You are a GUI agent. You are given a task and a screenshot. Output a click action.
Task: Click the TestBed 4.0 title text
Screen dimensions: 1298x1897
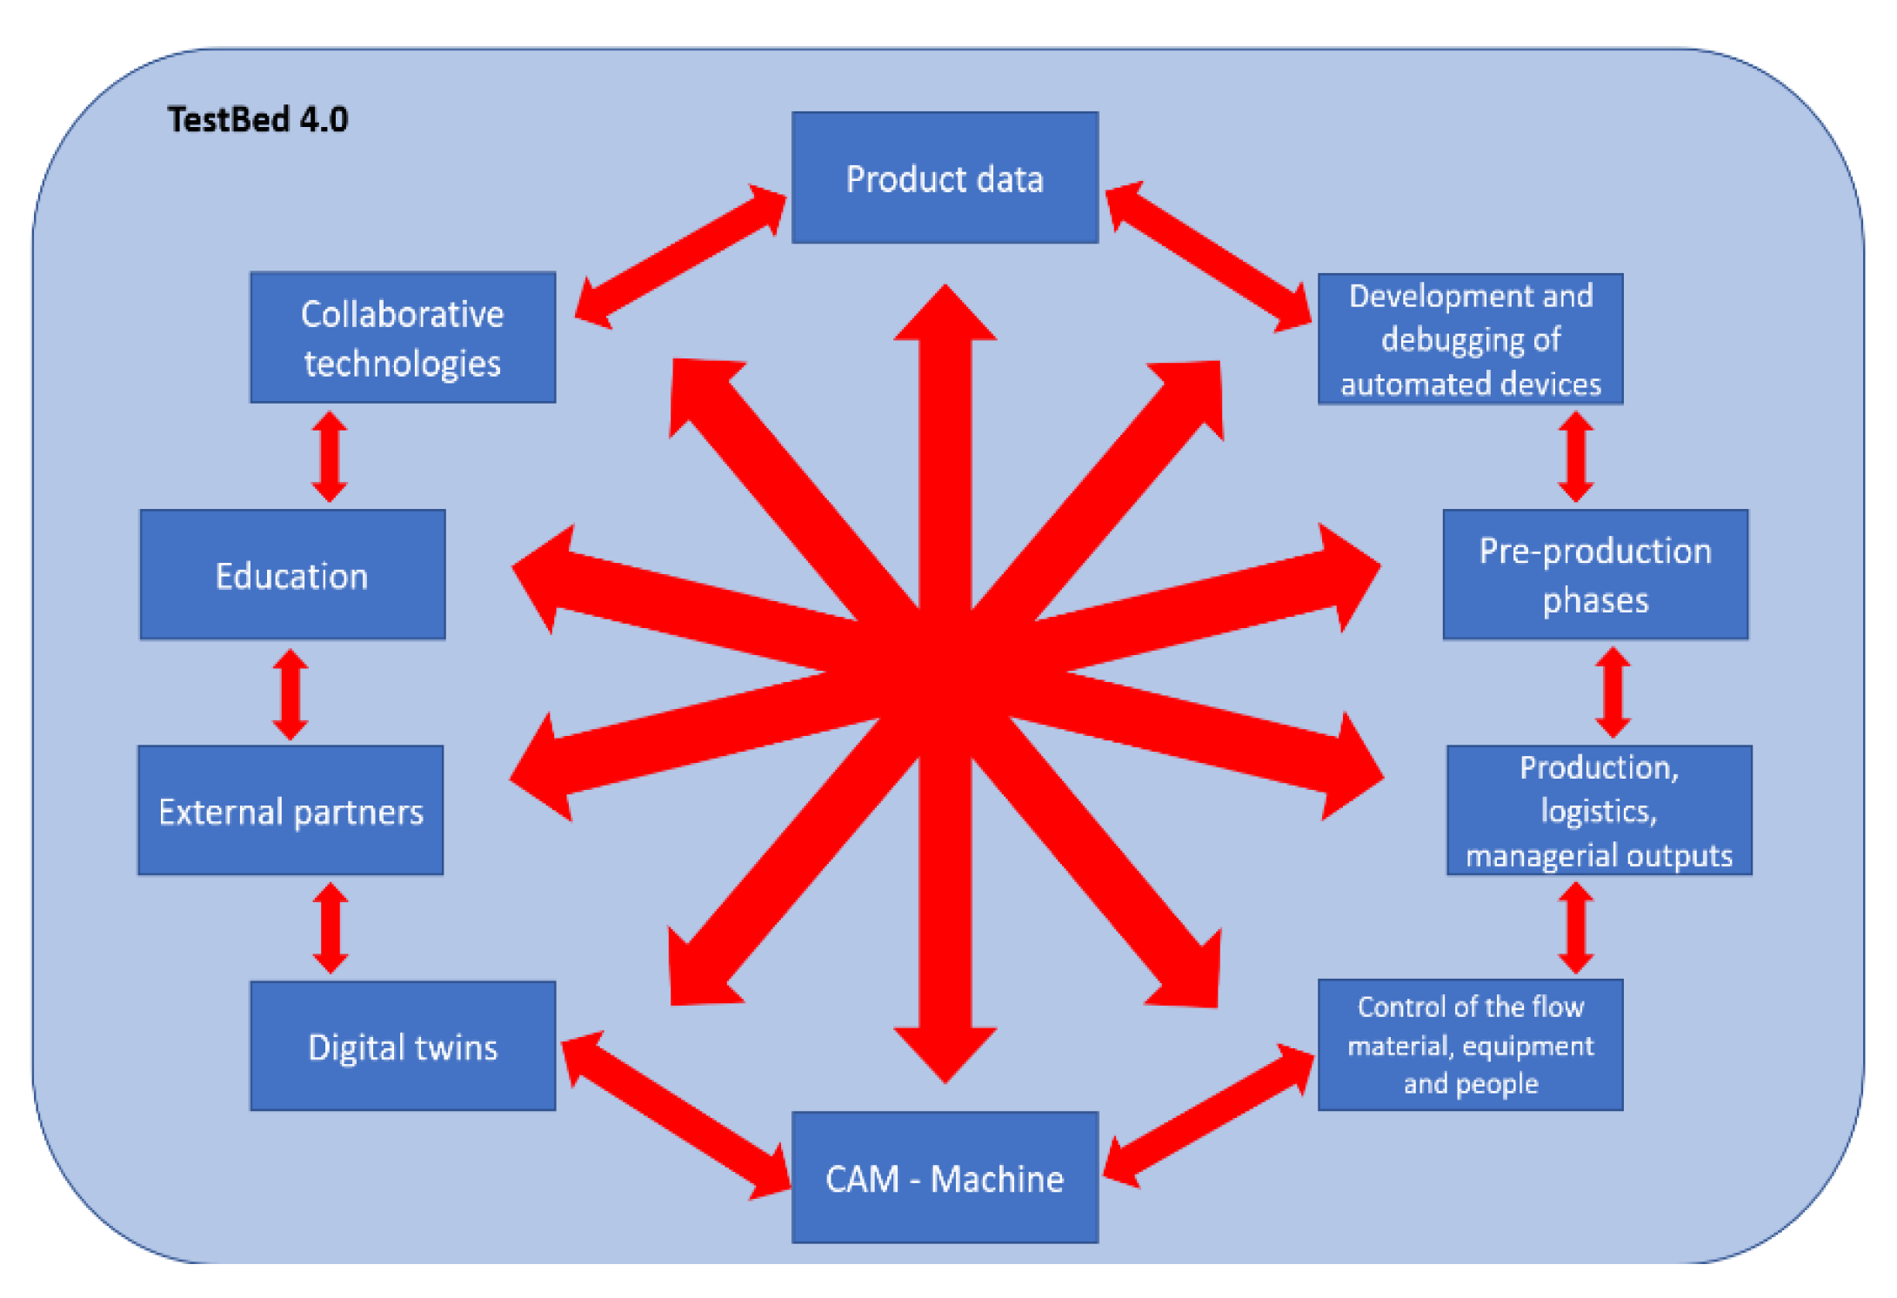tap(257, 119)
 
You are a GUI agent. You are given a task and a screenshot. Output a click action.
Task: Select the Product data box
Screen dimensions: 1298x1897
tap(945, 178)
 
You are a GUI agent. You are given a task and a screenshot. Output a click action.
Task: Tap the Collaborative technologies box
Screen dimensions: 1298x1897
tap(403, 338)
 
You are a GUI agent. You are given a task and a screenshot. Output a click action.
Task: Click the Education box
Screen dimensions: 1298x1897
tap(292, 575)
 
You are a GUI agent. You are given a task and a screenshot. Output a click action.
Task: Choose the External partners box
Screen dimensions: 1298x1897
tap(291, 811)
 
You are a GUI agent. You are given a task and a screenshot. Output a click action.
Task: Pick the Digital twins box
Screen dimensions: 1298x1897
tap(403, 1047)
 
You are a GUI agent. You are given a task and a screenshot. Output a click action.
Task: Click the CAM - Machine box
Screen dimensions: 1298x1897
tap(945, 1178)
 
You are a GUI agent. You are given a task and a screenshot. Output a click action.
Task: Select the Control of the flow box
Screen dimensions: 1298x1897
tap(1470, 1045)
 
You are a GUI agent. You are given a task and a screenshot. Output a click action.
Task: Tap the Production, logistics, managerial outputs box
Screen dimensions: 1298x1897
tap(1599, 811)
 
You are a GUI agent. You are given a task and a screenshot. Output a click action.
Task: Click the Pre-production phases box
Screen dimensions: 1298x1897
tap(1595, 575)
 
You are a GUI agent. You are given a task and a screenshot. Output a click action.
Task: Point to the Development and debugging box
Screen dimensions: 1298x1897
tap(1470, 339)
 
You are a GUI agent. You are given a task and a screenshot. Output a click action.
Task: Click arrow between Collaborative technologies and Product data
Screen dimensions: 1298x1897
tap(680, 257)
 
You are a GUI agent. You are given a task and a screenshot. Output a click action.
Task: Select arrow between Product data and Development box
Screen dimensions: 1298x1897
tap(1208, 257)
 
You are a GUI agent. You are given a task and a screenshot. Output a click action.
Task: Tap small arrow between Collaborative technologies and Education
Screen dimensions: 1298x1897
tap(330, 456)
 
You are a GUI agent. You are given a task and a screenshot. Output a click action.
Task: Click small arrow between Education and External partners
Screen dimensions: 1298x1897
tap(291, 693)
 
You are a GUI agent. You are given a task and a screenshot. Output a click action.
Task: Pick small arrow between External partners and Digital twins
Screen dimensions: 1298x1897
tap(331, 927)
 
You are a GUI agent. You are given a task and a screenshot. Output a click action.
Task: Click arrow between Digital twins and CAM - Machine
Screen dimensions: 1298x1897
tap(676, 1115)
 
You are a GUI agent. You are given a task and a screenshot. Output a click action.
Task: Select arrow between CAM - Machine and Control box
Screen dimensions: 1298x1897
tap(1208, 1115)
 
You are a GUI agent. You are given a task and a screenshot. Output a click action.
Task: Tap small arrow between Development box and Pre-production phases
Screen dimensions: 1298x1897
tap(1575, 456)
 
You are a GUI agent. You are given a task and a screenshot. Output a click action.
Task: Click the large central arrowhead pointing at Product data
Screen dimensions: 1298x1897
tap(945, 318)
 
